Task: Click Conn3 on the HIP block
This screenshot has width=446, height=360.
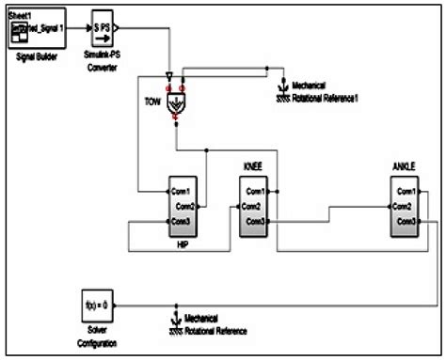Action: pos(181,222)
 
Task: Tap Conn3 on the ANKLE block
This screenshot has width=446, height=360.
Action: pos(406,222)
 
